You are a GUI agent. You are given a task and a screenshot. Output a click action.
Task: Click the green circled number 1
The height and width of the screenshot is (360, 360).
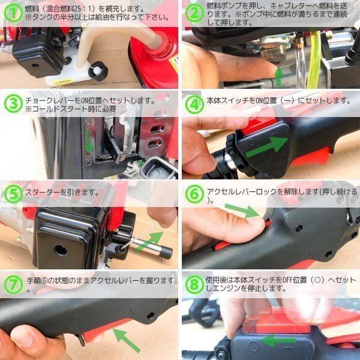pyautogui.click(x=13, y=13)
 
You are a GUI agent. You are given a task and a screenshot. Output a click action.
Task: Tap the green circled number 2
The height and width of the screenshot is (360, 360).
pyautogui.click(x=194, y=13)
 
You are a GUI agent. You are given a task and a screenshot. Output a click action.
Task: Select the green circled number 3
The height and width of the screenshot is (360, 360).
pyautogui.click(x=13, y=103)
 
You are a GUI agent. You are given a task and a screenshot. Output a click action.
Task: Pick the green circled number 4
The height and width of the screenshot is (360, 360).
pyautogui.click(x=194, y=104)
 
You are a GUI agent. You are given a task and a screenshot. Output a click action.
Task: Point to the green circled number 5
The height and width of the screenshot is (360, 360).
pyautogui.click(x=13, y=194)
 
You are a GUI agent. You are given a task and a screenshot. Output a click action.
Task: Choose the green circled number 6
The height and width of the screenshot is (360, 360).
pyautogui.click(x=194, y=194)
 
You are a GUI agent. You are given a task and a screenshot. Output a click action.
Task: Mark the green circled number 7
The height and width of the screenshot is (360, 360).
pyautogui.click(x=13, y=284)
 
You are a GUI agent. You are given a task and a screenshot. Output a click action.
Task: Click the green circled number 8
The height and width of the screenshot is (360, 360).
pyautogui.click(x=194, y=284)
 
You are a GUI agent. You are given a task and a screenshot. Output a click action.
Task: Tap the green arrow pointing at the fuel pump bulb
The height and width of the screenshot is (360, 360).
pyautogui.click(x=279, y=76)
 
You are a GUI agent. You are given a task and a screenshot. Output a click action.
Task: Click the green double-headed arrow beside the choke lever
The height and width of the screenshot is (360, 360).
pyautogui.click(x=88, y=141)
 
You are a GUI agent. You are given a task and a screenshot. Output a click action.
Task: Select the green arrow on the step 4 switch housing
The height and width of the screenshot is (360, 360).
pyautogui.click(x=266, y=147)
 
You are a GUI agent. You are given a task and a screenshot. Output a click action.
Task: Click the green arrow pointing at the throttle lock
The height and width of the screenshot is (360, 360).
pyautogui.click(x=242, y=211)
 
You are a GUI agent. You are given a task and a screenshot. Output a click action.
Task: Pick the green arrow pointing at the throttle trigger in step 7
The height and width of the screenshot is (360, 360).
pyautogui.click(x=126, y=340)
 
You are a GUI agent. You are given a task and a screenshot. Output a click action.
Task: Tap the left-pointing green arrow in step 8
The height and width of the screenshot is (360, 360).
pyautogui.click(x=278, y=340)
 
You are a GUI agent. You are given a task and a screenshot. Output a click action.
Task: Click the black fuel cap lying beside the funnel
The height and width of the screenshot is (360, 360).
pyautogui.click(x=98, y=71)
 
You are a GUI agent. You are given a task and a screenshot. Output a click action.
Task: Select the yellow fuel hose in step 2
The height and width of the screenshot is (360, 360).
pyautogui.click(x=314, y=60)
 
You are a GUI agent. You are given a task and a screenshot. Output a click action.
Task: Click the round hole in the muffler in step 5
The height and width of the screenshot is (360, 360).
pyautogui.click(x=61, y=250)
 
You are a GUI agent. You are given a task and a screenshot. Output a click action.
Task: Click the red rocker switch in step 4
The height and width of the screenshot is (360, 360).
pyautogui.click(x=259, y=126)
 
